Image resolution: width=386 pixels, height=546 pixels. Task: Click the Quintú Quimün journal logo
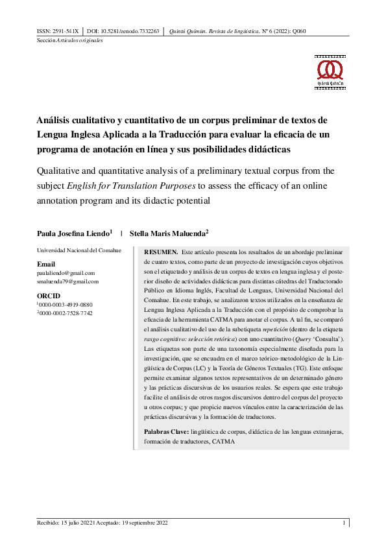coord(329,71)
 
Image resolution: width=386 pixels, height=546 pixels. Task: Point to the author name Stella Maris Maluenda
coord(167,233)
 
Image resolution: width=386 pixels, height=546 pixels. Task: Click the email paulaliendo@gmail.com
coord(66,273)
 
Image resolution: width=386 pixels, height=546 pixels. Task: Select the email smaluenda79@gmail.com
coord(67,281)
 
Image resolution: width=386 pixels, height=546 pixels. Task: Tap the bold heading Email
coord(45,265)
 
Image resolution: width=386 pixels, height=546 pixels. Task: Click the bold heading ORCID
coord(48,296)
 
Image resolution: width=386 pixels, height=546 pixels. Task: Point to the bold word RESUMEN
coord(160,251)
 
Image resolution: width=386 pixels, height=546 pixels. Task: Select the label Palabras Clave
coord(166,431)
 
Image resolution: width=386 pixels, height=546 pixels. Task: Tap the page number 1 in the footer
coord(344,523)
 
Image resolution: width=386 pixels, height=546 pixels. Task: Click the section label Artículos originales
coord(80,40)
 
